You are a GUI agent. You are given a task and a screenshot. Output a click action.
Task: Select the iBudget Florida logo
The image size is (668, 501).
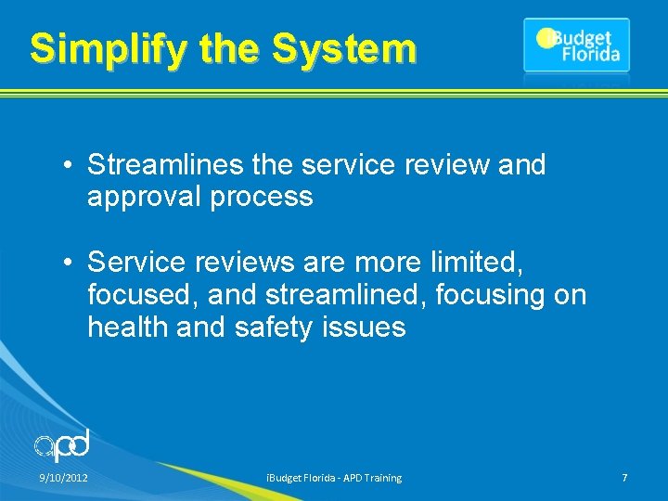(576, 45)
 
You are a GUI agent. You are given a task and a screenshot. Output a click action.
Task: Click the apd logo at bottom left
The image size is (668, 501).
(62, 446)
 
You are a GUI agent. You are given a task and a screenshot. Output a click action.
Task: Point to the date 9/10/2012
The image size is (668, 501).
(63, 478)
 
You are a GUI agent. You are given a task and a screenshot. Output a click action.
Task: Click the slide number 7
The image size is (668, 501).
(624, 478)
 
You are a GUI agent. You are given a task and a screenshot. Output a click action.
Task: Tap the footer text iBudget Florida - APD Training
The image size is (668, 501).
(334, 478)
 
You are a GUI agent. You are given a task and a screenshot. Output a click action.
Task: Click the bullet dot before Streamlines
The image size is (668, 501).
(70, 166)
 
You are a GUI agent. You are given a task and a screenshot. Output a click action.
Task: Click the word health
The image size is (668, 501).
(126, 328)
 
